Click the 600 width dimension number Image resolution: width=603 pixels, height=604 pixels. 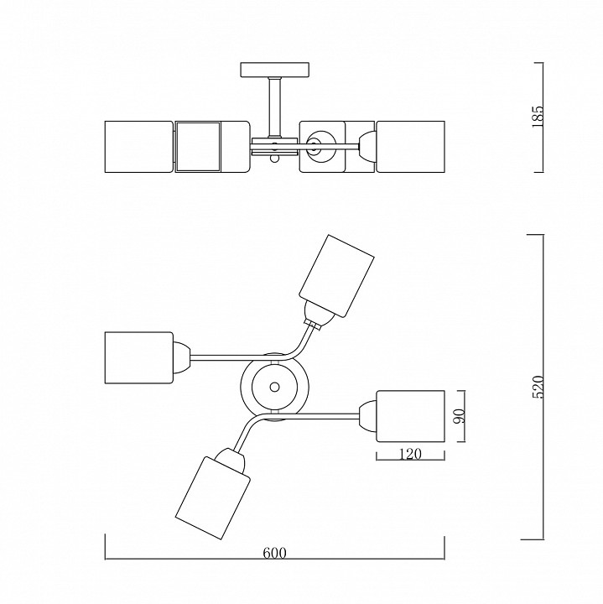[274, 553]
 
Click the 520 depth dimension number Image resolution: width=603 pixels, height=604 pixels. [538, 387]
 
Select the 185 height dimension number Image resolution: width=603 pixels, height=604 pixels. [537, 117]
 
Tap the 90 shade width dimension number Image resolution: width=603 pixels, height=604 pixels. [460, 416]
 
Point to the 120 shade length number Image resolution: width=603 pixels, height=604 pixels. [410, 454]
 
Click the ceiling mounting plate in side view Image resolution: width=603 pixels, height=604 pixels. [274, 70]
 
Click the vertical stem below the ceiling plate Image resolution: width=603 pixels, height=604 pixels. [274, 107]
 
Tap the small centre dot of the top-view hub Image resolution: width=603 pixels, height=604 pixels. [274, 387]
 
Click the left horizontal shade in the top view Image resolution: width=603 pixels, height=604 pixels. [139, 358]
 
